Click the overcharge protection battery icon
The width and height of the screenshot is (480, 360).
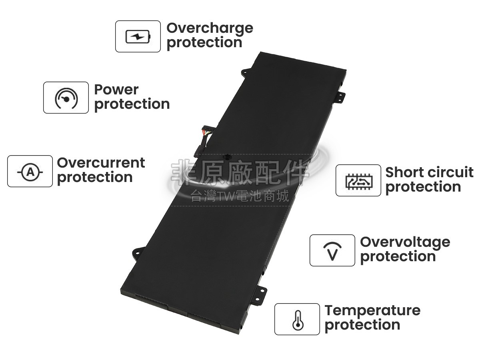[x=138, y=37]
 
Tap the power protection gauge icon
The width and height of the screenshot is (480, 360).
[x=66, y=98]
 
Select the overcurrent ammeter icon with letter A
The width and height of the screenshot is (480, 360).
[x=30, y=172]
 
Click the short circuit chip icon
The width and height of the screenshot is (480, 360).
[x=358, y=181]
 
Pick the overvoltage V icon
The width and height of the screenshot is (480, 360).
[x=332, y=251]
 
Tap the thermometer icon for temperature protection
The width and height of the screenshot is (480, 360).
[x=297, y=320]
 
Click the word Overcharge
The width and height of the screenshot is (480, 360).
[x=210, y=28]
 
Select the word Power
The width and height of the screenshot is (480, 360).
[x=116, y=90]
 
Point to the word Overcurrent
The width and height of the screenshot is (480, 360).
[x=101, y=163]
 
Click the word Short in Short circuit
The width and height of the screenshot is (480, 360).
[x=402, y=172]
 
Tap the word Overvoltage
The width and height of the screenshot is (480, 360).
[x=405, y=242]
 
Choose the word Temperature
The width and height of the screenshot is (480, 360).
[x=372, y=310]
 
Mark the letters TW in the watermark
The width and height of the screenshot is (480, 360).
[x=221, y=196]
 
